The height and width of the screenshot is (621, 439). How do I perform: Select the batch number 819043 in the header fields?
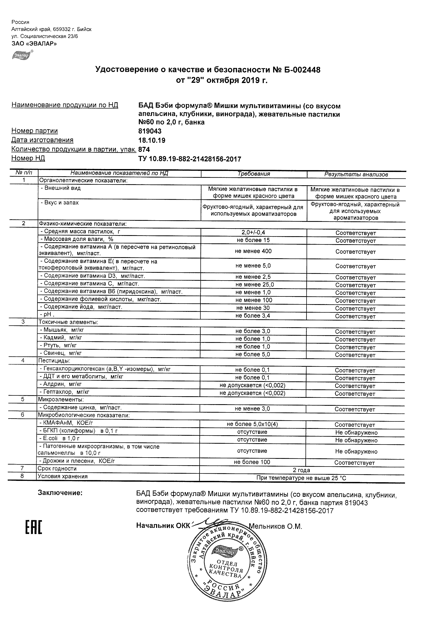pos(150,131)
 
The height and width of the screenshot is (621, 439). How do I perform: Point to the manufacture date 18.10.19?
pos(152,140)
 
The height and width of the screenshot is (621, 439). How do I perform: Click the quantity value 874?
pos(144,150)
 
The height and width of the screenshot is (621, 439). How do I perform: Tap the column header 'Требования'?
pos(254,174)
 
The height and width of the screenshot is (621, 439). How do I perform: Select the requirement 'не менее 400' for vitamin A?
pos(253,251)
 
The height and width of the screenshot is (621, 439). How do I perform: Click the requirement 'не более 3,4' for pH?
pos(253,316)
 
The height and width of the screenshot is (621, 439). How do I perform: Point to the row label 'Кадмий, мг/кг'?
pos(61,338)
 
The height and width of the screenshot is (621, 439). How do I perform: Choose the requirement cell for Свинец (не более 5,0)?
pos(253,354)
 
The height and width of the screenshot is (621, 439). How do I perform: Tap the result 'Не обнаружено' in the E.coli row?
pos(356,440)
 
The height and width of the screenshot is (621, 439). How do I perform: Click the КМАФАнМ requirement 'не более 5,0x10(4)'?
pos(252,424)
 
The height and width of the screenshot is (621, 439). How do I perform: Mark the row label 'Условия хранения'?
pos(62,476)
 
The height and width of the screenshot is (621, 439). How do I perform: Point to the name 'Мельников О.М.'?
pos(275,526)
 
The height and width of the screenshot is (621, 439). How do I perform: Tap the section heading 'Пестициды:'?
pos(54,361)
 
